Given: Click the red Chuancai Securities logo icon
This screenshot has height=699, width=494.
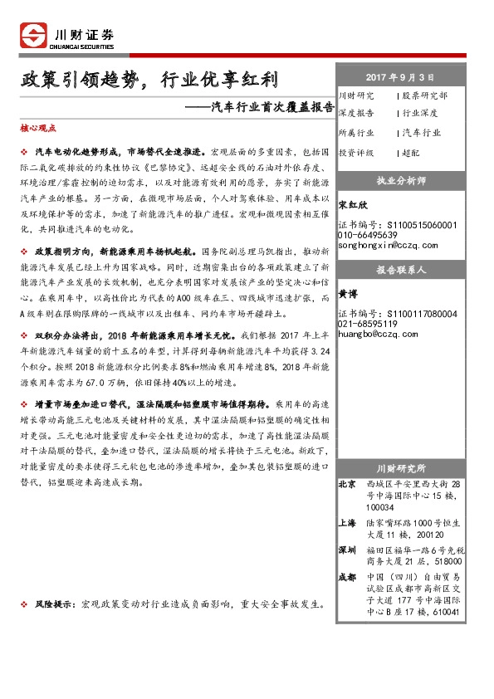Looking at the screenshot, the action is click(x=34, y=35).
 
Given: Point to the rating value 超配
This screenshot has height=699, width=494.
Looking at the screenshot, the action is click(x=410, y=153).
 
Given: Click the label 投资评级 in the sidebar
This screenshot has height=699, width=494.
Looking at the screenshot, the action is click(x=356, y=153).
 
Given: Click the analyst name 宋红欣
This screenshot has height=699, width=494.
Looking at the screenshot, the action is click(x=353, y=203).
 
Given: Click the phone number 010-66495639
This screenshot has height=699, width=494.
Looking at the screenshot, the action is click(x=370, y=235).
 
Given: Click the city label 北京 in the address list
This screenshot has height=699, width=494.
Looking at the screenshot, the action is click(x=348, y=483).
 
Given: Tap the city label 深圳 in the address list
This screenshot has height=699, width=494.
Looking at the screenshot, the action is click(x=348, y=549).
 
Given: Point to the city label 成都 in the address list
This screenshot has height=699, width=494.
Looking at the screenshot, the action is click(x=348, y=576).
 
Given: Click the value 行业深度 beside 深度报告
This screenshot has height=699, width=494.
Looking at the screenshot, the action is click(x=422, y=113).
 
